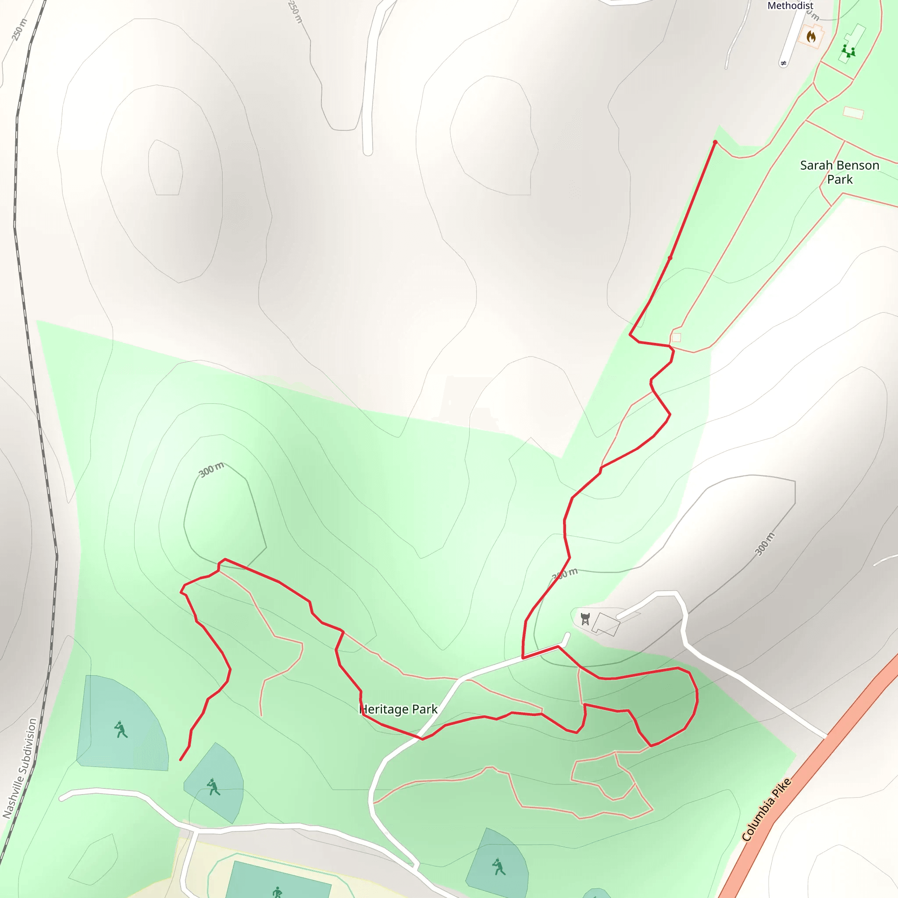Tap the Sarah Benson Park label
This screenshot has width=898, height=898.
pos(839,172)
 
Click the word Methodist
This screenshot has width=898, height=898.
pos(790,6)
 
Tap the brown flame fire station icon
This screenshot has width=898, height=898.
pos(811,36)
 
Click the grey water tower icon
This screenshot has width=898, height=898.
pos(585,619)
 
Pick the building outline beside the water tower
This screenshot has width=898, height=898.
pos(606,624)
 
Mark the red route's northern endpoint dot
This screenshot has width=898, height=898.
pos(715,142)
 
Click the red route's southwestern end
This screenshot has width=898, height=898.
pos(181,760)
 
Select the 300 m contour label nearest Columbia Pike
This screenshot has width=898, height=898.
pos(765,544)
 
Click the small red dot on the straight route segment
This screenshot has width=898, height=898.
pos(670,258)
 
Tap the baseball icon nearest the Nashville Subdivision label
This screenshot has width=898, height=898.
pos(121,730)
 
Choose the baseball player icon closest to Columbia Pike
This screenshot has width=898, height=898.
pos(499,867)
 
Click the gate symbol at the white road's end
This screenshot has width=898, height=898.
pos(784,63)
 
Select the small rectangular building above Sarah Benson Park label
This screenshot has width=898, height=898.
pos(853,113)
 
